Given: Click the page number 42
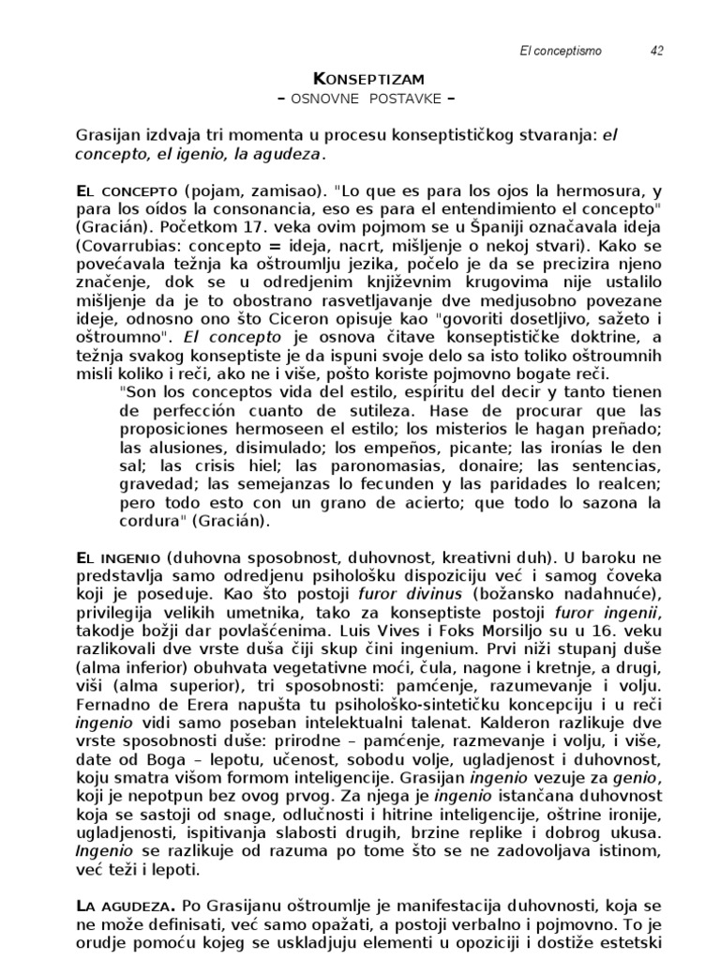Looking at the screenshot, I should pyautogui.click(x=656, y=51).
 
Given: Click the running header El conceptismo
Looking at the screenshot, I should pyautogui.click(x=560, y=51).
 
